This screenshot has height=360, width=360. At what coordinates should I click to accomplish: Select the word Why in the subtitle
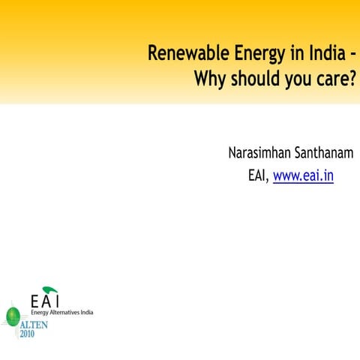point(210,78)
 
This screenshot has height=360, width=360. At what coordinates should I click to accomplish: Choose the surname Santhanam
point(325,154)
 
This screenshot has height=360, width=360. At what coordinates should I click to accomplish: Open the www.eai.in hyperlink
point(303,176)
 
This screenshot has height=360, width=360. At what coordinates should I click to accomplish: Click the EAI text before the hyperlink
point(257,176)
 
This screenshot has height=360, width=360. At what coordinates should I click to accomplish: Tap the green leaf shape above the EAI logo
point(50,289)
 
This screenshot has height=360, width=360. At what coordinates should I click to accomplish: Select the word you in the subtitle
point(292,78)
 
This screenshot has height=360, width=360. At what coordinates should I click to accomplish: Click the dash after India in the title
point(350,54)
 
